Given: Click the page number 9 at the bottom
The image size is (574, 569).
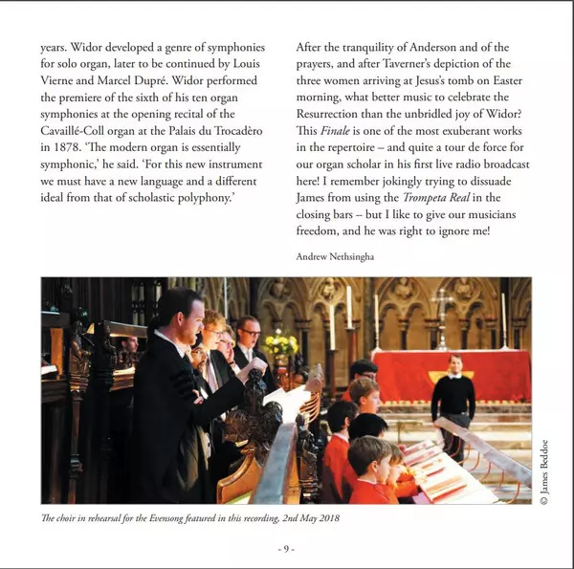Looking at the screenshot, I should click(286, 548).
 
